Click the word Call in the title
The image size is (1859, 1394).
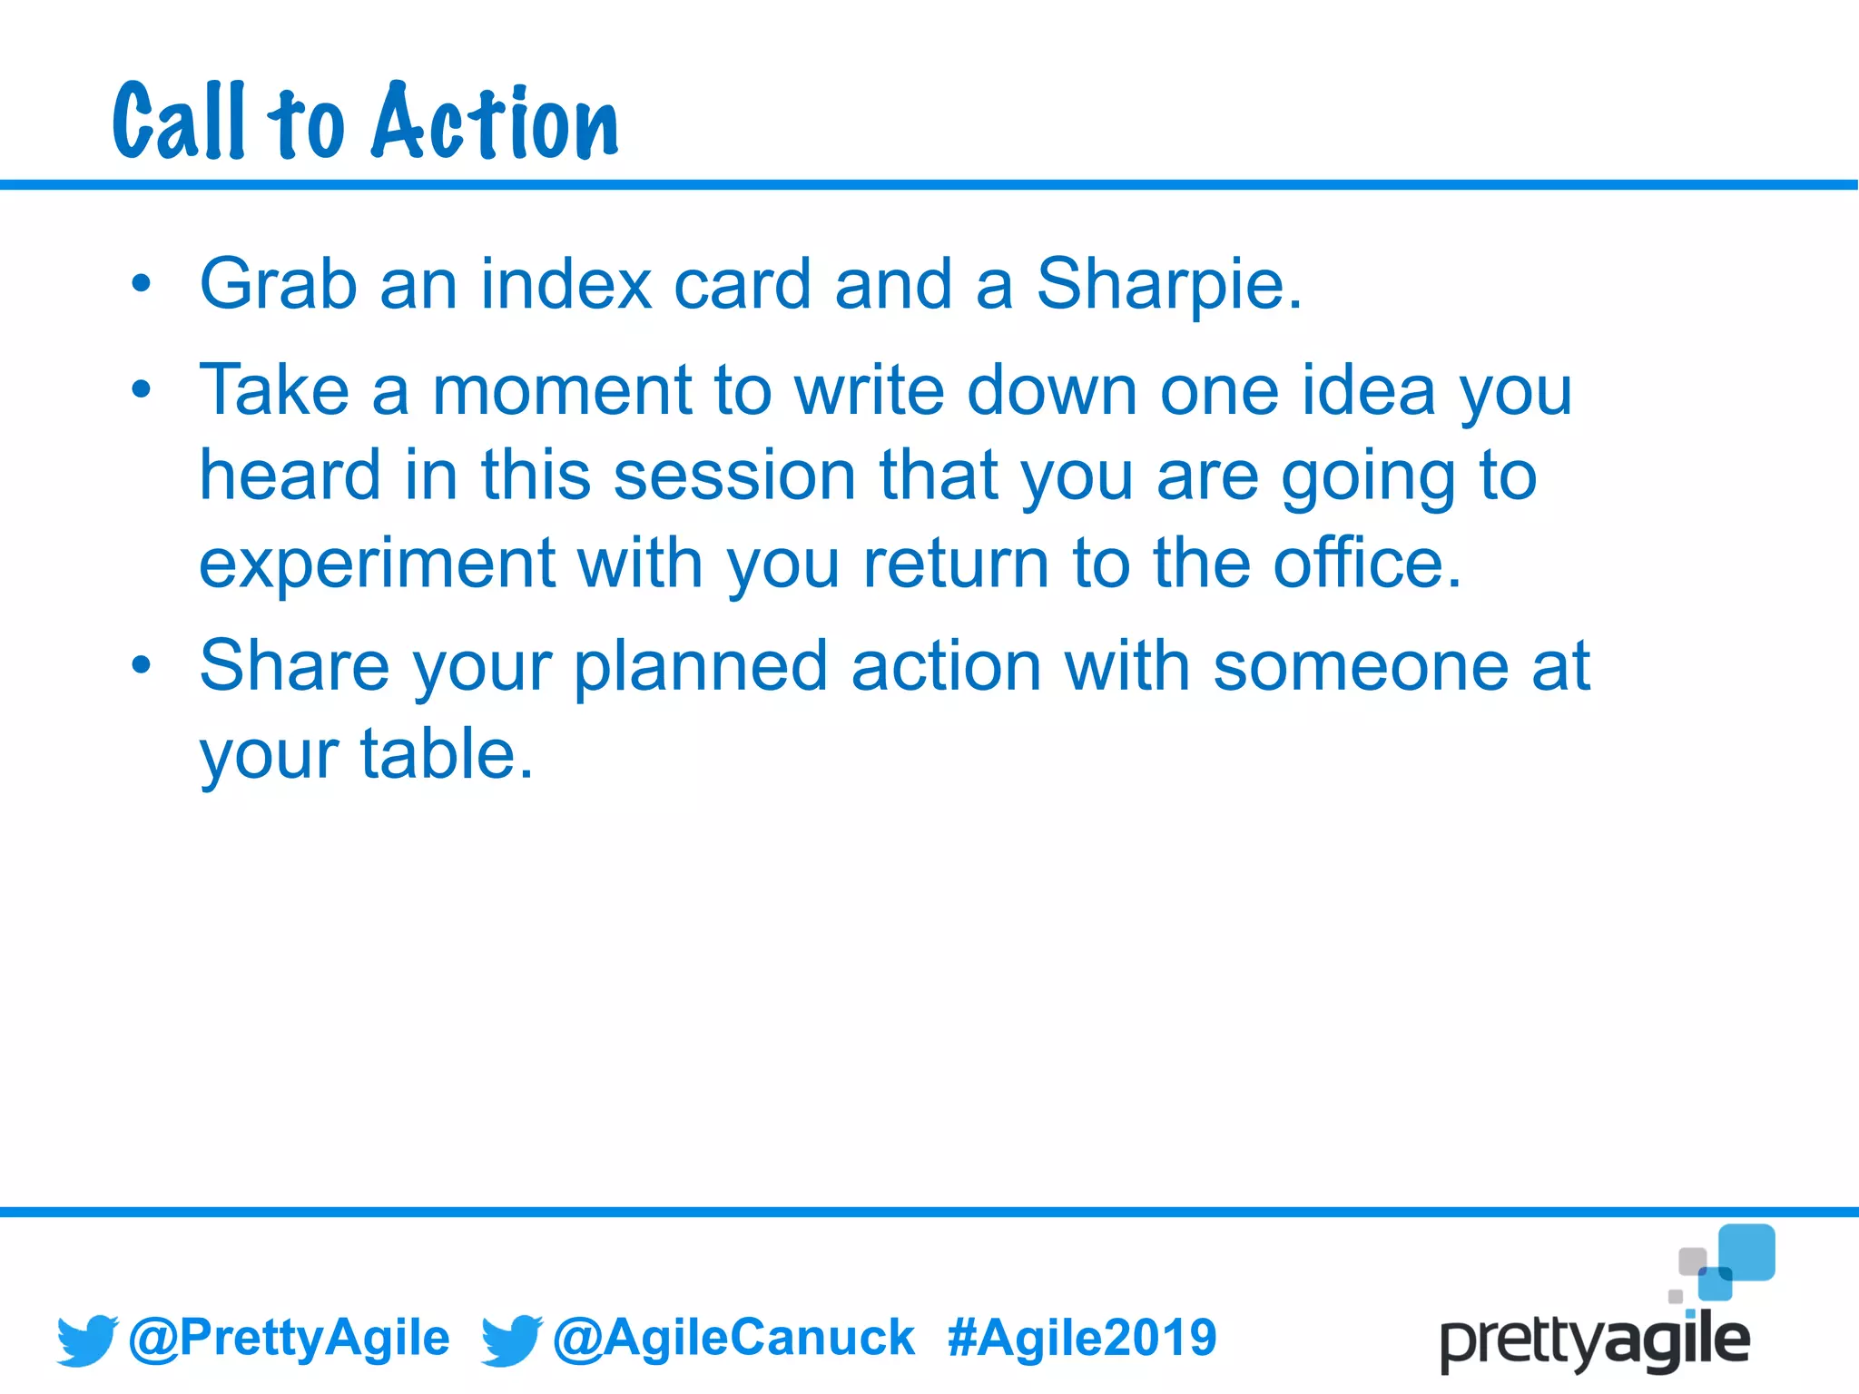click(x=179, y=123)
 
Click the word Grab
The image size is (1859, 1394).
click(x=278, y=285)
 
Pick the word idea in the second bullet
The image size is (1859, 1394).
click(x=1369, y=391)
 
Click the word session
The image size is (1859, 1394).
click(x=734, y=476)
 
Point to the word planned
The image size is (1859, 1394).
click(x=700, y=666)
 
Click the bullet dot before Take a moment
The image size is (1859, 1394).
click(x=141, y=390)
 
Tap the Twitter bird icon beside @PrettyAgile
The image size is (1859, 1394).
click(x=87, y=1340)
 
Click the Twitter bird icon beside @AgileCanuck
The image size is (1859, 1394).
click(x=511, y=1340)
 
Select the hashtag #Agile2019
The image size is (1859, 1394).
click(x=1081, y=1338)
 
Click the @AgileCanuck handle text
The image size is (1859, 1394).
click(x=733, y=1338)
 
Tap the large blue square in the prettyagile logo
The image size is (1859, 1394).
click(x=1746, y=1252)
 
